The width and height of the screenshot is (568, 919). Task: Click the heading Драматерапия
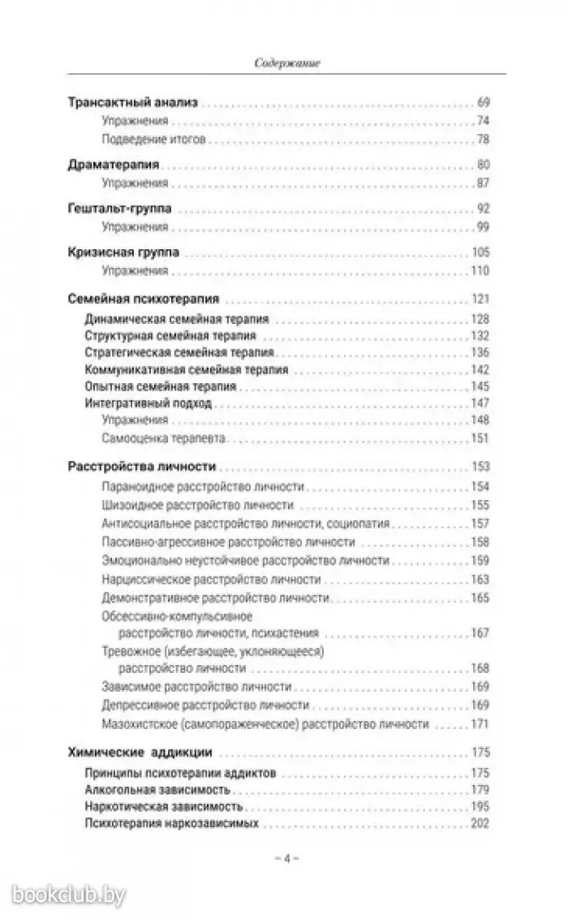tap(113, 165)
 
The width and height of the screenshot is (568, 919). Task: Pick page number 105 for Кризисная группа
tap(480, 252)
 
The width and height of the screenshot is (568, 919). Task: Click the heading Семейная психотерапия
tap(144, 298)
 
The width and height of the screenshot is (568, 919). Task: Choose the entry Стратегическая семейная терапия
tap(179, 352)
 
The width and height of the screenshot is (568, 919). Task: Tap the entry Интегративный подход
tap(148, 403)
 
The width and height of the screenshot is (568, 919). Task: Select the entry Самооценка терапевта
tap(165, 438)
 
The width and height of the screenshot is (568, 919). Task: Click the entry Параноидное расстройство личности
tap(204, 486)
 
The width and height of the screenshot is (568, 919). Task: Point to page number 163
tap(480, 580)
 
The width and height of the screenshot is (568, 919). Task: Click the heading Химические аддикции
tap(129, 752)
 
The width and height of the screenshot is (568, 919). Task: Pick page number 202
tap(480, 824)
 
